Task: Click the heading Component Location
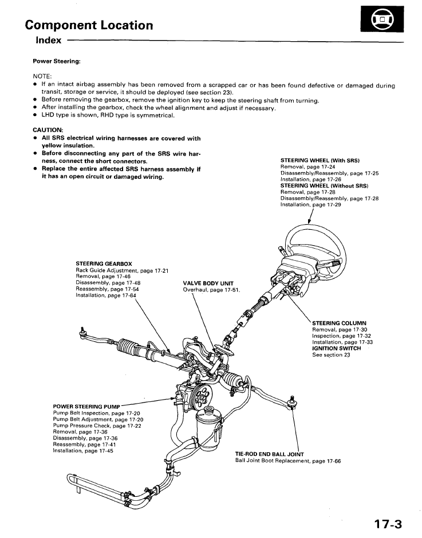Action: [89, 25]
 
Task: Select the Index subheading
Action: [49, 41]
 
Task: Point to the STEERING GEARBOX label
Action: [104, 264]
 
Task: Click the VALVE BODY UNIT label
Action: [208, 283]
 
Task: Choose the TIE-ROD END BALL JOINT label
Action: [270, 454]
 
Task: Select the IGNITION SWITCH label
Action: [337, 348]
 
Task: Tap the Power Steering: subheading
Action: [57, 61]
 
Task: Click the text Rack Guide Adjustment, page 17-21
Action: [122, 270]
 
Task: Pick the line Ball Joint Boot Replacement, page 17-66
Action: [288, 461]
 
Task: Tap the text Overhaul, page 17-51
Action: [211, 290]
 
